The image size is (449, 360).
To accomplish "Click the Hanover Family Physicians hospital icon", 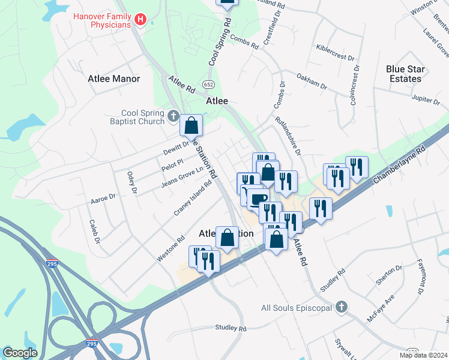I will coord(140,20).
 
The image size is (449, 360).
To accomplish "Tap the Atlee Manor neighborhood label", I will coord(113,79).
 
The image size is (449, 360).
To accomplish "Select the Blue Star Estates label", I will coord(405,74).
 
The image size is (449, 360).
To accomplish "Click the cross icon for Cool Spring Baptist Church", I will coord(173,115).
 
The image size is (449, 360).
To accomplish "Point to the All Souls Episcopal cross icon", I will coord(342,307).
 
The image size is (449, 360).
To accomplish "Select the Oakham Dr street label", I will coord(312,81).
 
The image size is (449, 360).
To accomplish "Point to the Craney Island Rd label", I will coord(194,198).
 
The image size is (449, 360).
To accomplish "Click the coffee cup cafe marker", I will coord(259,197).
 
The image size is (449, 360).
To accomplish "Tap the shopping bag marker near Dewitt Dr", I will coord(191,125).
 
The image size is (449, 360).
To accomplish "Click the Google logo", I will coord(20,353).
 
